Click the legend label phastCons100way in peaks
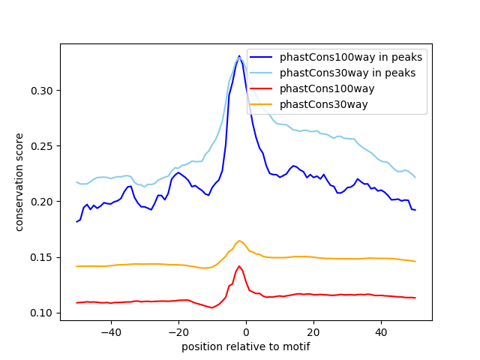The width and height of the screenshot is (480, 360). [351, 57]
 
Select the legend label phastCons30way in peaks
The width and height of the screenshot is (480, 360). [348, 73]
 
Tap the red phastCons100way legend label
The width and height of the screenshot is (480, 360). [327, 88]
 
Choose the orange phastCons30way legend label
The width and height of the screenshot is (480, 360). [324, 104]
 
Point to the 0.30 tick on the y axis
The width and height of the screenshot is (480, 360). [42, 91]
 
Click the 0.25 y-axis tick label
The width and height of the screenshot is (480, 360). [42, 146]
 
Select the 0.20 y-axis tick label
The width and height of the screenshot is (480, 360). [42, 202]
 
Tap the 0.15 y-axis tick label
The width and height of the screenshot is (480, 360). [42, 257]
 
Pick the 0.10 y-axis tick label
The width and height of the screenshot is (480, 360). [42, 313]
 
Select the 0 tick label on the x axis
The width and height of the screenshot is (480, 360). [246, 331]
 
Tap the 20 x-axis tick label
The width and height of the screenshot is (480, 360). [313, 331]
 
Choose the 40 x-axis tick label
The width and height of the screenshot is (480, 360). [381, 331]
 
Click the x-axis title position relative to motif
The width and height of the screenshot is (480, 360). [246, 346]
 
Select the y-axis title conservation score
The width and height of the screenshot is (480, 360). [20, 181]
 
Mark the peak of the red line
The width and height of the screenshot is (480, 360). [239, 266]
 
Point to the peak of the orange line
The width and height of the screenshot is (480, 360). [239, 241]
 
